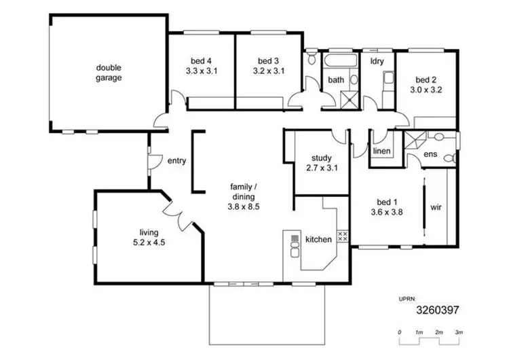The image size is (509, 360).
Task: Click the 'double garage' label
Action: [109, 73]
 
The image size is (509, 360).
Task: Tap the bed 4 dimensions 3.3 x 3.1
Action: [201, 70]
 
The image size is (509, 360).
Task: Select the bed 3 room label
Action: [268, 59]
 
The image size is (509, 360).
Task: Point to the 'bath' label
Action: [337, 80]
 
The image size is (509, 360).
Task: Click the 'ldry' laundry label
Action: [377, 61]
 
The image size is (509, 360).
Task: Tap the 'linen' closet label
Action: [382, 151]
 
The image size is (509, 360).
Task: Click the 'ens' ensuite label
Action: [430, 154]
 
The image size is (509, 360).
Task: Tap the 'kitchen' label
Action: [318, 239]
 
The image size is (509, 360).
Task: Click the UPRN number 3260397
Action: [439, 310]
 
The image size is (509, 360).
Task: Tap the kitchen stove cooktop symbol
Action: [343, 236]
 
